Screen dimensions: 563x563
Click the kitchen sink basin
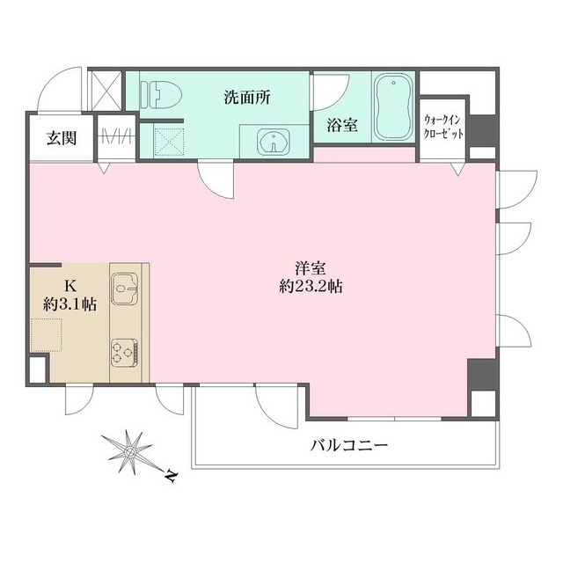(126, 285)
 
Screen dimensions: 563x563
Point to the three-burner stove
(125, 353)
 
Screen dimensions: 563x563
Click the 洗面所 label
(245, 98)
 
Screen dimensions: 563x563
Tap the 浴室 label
(342, 125)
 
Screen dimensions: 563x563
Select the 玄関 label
(61, 137)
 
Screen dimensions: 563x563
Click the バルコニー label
(349, 446)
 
